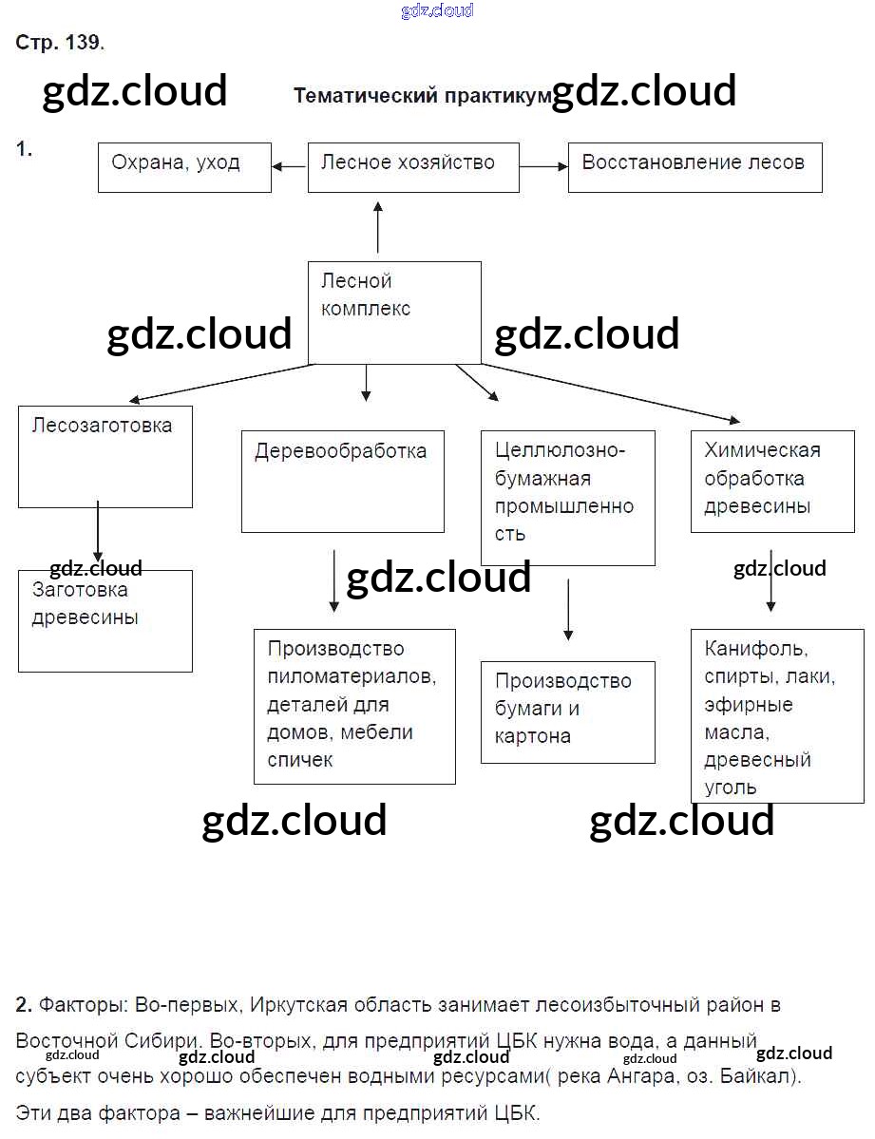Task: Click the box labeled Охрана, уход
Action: coord(184,167)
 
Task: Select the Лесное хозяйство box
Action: coord(413,167)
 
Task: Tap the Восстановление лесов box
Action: coord(694,167)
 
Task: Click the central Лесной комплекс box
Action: coord(394,313)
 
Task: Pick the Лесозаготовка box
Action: coord(105,456)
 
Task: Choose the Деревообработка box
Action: coord(342,481)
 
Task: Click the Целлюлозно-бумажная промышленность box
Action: coord(567,498)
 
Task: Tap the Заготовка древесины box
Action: coord(105,620)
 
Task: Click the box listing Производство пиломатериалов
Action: coord(354,706)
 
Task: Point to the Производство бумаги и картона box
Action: coord(567,712)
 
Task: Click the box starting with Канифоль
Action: coord(777,715)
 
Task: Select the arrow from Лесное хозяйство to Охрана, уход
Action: coord(289,167)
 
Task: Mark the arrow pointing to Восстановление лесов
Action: coord(543,167)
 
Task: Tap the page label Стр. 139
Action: coord(59,43)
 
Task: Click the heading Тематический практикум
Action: coord(422,96)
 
